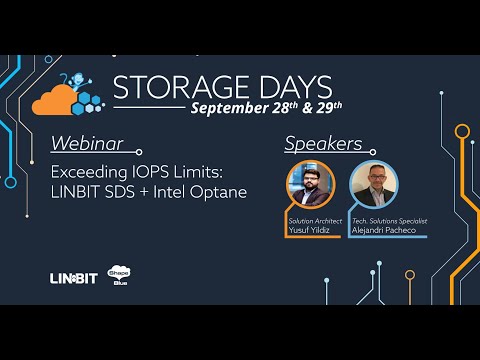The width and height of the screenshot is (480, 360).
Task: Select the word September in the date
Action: coord(232,108)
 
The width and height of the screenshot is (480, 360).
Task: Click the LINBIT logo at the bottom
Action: coord(73,277)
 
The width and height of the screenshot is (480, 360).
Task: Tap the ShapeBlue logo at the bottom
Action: coord(120,277)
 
